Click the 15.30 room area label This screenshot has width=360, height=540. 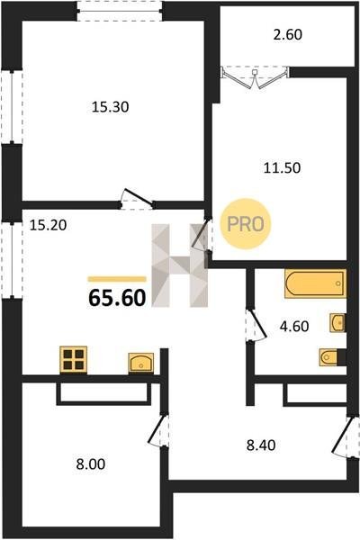point(110,107)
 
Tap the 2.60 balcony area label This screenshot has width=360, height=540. point(288,35)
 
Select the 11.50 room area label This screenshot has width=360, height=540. point(282,168)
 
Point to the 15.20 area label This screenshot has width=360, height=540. point(48,225)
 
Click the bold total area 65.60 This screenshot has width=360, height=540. point(117,298)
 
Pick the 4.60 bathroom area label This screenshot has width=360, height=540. point(294,326)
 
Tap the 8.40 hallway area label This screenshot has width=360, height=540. point(261,445)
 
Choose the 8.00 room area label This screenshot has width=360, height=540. point(91,463)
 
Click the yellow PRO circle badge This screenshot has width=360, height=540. point(246,224)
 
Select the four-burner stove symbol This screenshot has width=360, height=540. point(74,359)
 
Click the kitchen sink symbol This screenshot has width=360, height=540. point(141,363)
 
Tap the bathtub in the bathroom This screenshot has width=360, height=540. point(315,283)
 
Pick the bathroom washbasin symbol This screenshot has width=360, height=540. point(337,323)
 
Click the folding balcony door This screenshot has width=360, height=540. point(255,77)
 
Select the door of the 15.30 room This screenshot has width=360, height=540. point(138,199)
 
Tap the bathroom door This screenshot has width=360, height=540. point(256,326)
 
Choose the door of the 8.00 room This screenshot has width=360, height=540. point(158,430)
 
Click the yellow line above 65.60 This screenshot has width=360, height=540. point(117,279)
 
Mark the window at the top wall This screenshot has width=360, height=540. point(119,11)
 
